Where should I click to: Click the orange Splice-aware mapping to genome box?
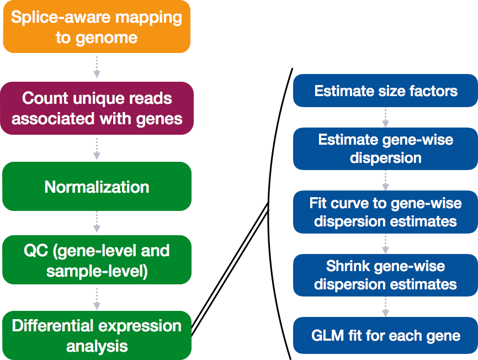[97, 27]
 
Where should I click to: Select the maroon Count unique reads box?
[97, 108]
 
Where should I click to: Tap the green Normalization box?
[97, 186]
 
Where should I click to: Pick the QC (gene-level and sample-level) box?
[97, 260]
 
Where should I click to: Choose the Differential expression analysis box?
[97, 335]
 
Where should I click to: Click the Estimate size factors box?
[385, 91]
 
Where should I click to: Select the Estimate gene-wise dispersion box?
[385, 149]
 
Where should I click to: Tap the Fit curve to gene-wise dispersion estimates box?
[385, 212]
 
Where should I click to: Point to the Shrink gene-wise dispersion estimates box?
[385, 276]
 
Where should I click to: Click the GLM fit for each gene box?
[385, 335]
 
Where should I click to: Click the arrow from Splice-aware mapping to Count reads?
[97, 67]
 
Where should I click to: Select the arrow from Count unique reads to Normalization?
[97, 149]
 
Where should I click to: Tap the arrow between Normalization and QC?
[97, 222]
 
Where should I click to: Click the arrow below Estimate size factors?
[385, 118]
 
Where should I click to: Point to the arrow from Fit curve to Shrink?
[385, 244]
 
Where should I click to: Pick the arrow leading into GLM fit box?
[385, 307]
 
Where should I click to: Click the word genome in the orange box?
[107, 38]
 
